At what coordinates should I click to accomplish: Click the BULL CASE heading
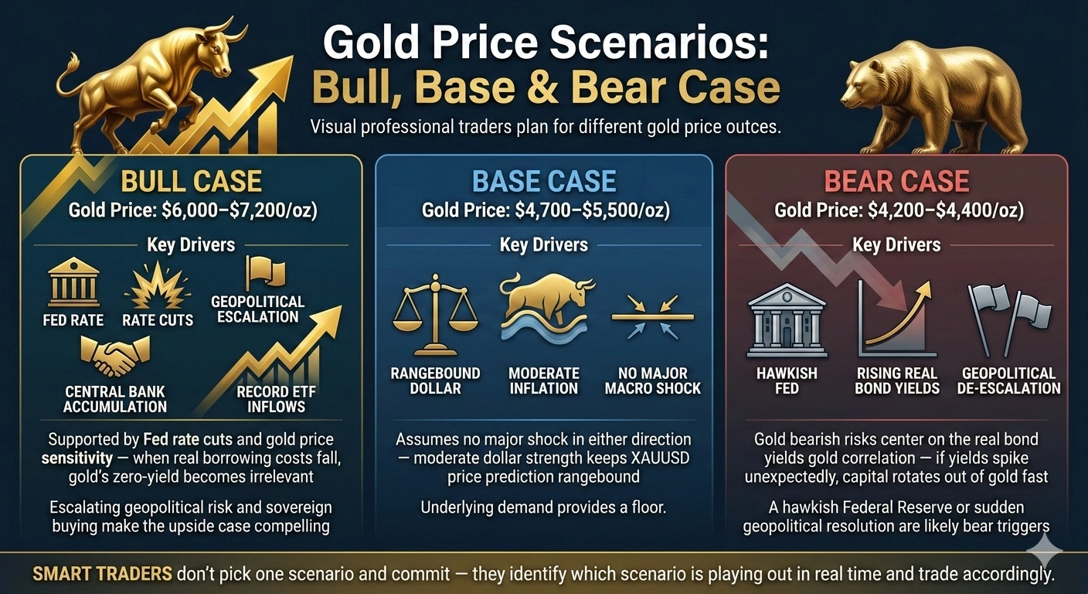[191, 182]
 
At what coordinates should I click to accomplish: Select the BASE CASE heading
[544, 182]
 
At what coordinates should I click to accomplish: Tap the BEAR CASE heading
[896, 182]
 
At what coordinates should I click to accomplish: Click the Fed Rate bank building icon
[73, 283]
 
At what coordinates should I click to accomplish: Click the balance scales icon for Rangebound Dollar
[435, 314]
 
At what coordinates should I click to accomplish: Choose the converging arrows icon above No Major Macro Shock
[652, 316]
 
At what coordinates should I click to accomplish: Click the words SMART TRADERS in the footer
[101, 575]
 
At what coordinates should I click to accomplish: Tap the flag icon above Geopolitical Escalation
[264, 272]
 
